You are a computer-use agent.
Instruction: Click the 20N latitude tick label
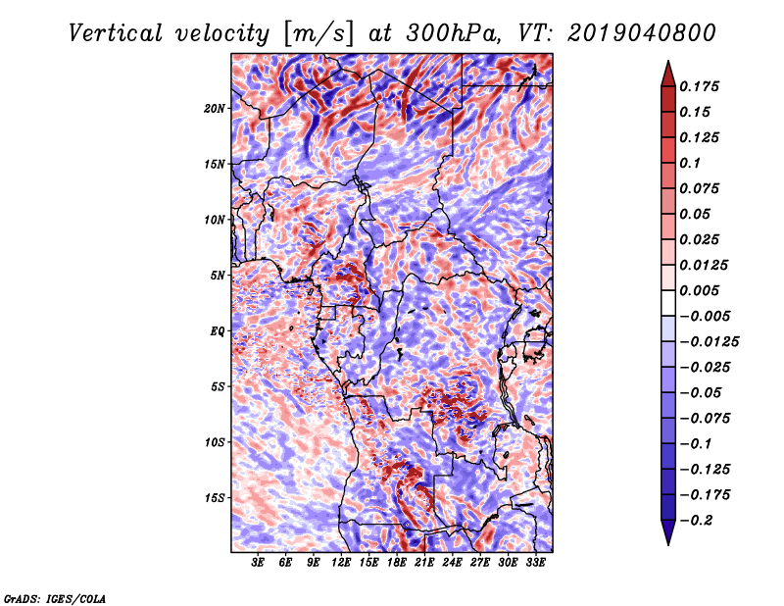(214, 108)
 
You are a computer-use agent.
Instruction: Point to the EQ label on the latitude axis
(217, 331)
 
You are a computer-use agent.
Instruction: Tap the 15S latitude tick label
(214, 498)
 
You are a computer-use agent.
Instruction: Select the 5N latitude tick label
(217, 276)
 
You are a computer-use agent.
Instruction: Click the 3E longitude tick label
(258, 562)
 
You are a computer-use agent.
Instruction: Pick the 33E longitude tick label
(535, 562)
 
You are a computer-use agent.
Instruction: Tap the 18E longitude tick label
(397, 562)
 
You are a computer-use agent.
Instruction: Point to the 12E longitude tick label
(341, 562)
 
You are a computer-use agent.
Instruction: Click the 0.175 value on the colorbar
(699, 86)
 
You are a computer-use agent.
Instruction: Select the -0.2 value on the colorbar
(695, 521)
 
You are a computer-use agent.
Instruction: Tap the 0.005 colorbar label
(699, 290)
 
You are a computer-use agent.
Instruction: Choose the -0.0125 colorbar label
(709, 342)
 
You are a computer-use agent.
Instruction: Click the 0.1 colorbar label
(690, 163)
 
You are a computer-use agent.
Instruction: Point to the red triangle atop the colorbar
(668, 75)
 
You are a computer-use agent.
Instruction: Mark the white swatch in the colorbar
(668, 303)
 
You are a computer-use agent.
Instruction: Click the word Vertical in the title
(116, 33)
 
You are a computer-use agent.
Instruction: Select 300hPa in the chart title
(453, 33)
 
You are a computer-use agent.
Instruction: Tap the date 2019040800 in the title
(641, 33)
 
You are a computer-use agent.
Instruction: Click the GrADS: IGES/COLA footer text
(55, 599)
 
